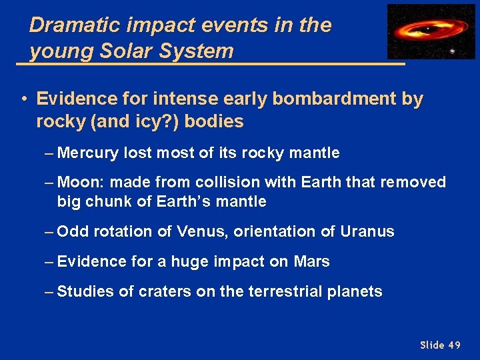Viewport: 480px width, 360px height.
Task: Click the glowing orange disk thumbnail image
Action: (431, 31)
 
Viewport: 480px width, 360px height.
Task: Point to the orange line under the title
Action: (210, 63)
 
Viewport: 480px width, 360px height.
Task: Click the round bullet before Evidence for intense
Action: (23, 99)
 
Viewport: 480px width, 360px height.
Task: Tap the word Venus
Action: (197, 232)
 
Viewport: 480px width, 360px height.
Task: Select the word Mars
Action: (311, 262)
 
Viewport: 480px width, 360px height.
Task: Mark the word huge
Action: (191, 262)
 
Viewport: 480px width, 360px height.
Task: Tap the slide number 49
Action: (454, 345)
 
